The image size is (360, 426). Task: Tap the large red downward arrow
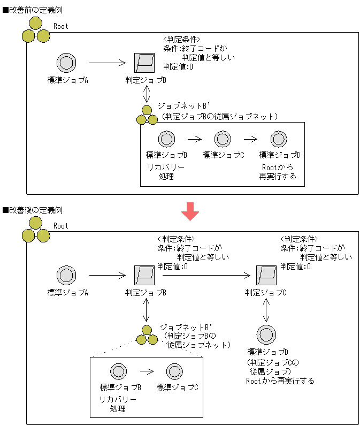tap(190, 211)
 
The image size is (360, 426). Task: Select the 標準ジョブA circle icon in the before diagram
tap(67, 63)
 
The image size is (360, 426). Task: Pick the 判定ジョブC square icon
tap(266, 276)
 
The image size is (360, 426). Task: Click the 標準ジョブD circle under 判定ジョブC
tap(266, 334)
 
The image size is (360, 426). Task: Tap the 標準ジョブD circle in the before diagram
tap(279, 139)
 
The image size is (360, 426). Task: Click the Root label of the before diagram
tap(61, 26)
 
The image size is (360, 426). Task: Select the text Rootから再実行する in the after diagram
tap(280, 381)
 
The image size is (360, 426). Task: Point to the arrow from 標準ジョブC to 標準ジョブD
tap(250, 139)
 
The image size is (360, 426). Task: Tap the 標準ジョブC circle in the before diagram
tap(223, 139)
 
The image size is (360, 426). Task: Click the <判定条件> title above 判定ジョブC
tap(299, 239)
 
